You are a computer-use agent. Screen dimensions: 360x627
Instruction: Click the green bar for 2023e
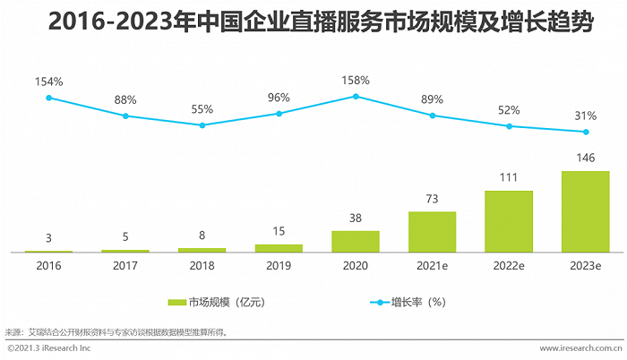[x=585, y=211]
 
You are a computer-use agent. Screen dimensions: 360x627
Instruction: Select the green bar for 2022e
[x=508, y=221]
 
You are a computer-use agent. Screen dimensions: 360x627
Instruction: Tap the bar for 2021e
[x=432, y=232]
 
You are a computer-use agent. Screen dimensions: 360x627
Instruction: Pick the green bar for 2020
[x=356, y=242]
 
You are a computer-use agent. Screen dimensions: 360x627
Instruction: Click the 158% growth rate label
[x=356, y=81]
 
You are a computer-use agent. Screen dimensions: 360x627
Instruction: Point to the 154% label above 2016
[x=48, y=81]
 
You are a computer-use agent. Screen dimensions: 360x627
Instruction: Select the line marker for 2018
[x=202, y=125]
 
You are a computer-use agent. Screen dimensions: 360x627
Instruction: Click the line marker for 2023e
[x=586, y=133]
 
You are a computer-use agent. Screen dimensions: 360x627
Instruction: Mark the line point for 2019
[x=279, y=114]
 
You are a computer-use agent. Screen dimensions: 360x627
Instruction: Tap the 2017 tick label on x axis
[x=125, y=266]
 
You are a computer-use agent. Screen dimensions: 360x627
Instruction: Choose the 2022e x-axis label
[x=509, y=266]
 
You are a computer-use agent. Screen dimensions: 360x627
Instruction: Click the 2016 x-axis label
[x=48, y=266]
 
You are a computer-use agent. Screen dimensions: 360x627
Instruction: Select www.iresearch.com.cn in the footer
[x=580, y=347]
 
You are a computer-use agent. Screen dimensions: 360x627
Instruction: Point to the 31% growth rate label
[x=586, y=116]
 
